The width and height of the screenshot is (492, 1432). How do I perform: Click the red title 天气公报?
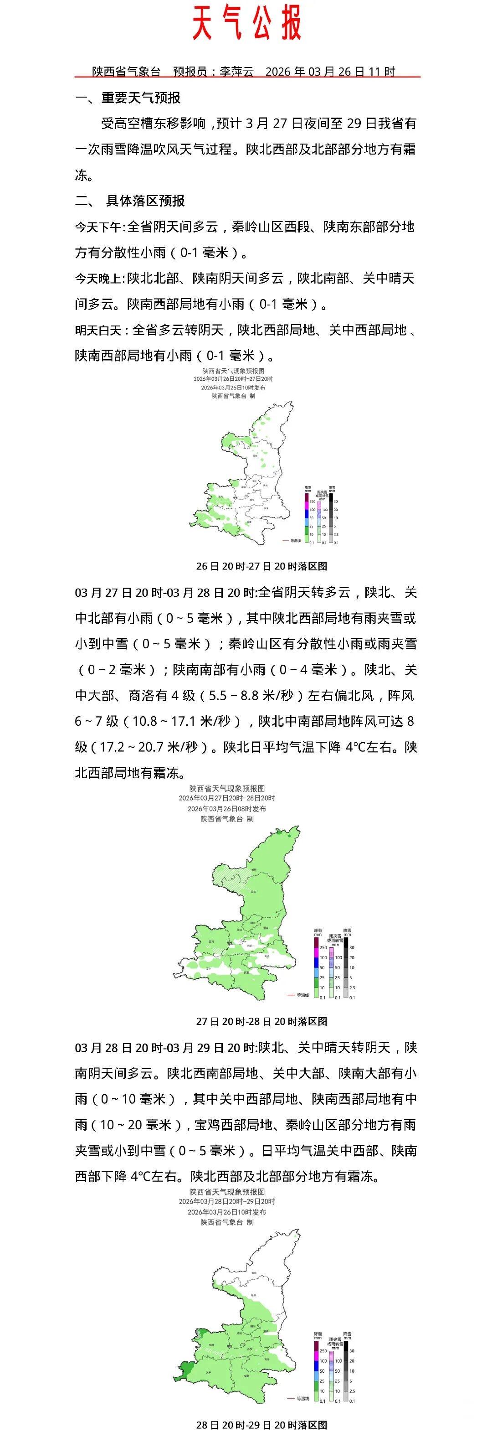pyautogui.click(x=246, y=23)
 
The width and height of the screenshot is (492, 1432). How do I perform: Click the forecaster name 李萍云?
pyautogui.click(x=236, y=72)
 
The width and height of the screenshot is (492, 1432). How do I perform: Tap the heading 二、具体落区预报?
pyautogui.click(x=130, y=201)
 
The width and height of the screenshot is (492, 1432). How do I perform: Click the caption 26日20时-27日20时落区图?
pyautogui.click(x=261, y=566)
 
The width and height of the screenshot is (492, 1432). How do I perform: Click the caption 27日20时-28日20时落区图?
pyautogui.click(x=261, y=1021)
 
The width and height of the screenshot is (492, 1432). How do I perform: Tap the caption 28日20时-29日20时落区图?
pyautogui.click(x=261, y=1425)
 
